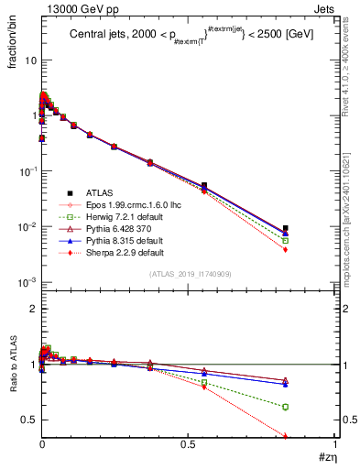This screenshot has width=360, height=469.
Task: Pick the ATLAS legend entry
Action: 101,193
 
